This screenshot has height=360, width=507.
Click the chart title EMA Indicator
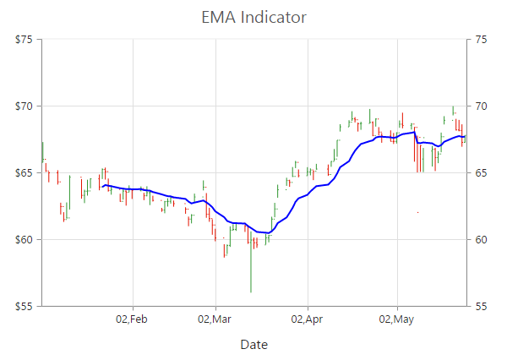click(253, 17)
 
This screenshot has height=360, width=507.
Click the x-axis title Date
click(253, 344)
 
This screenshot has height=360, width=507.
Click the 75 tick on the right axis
click(482, 40)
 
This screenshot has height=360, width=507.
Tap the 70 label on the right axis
click(482, 106)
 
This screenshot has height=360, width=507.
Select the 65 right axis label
click(482, 173)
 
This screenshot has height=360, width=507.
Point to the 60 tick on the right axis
click(482, 240)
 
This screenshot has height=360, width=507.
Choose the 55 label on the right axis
click(482, 306)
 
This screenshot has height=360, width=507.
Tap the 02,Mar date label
click(215, 319)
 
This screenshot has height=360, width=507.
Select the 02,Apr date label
click(307, 319)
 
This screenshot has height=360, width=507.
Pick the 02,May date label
click(396, 319)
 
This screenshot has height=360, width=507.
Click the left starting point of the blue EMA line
click(102, 186)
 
